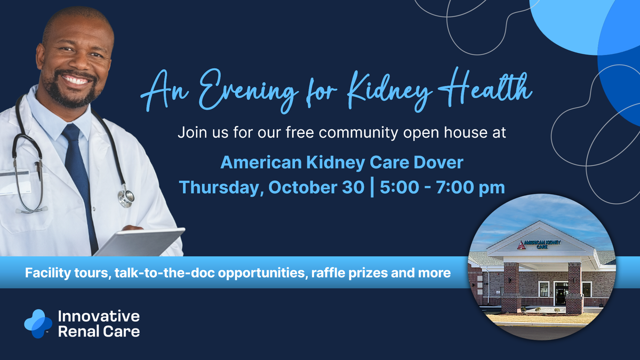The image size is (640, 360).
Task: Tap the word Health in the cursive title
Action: pyautogui.click(x=485, y=87)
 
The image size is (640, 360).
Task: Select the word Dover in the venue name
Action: pyautogui.click(x=438, y=162)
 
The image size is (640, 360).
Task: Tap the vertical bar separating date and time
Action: pyautogui.click(x=372, y=187)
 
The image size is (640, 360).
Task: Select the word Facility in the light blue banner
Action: pyautogui.click(x=48, y=273)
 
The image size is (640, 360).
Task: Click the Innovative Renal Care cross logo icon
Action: pyautogui.click(x=38, y=324)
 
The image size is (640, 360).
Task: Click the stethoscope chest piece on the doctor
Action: pyautogui.click(x=126, y=197)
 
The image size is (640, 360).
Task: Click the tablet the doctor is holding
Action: pyautogui.click(x=140, y=242)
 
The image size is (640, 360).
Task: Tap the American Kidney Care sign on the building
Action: pyautogui.click(x=539, y=245)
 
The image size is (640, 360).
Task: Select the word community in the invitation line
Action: pyautogui.click(x=358, y=133)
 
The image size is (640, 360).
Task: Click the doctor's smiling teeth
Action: pyautogui.click(x=75, y=79)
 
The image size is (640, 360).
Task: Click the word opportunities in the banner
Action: pyautogui.click(x=262, y=273)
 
